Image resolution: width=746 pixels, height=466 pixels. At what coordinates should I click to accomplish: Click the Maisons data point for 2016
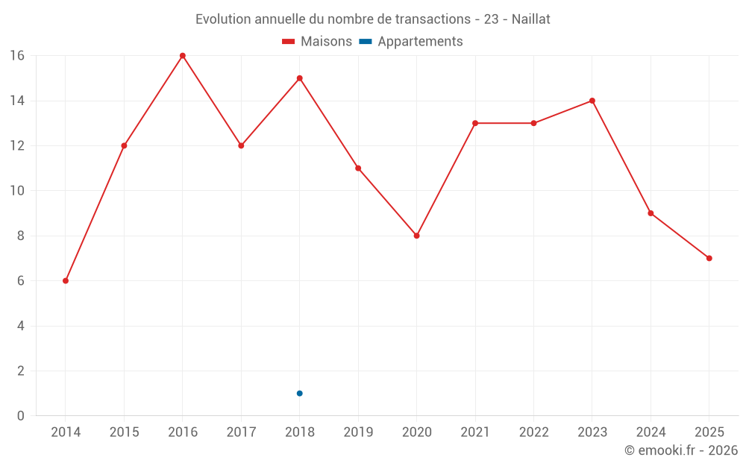183,56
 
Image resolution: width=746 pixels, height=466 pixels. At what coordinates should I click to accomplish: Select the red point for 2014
66,281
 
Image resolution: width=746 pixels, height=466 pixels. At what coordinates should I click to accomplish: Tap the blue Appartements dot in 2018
300,393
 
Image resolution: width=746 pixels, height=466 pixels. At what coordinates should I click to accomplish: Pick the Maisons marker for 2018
300,78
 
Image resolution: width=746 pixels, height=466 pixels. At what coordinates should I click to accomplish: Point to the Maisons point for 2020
417,236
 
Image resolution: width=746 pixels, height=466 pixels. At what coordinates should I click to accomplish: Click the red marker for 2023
592,101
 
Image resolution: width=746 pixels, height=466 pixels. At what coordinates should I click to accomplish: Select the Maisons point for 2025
709,258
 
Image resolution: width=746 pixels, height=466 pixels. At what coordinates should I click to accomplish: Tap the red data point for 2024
651,213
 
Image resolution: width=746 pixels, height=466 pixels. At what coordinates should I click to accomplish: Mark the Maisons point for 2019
358,169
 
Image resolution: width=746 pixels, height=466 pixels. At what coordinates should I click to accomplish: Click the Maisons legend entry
317,42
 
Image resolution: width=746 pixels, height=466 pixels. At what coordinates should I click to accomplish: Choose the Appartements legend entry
411,42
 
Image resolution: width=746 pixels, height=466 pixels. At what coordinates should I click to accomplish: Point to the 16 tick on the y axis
17,56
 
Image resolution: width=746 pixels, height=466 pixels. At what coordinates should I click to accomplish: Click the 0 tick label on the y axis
21,416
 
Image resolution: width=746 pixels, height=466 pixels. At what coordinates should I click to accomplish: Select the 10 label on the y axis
17,191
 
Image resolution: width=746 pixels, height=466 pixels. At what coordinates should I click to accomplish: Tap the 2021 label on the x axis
475,432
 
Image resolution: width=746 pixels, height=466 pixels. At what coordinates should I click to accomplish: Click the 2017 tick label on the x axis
241,432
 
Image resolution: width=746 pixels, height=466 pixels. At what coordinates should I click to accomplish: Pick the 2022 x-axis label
533,432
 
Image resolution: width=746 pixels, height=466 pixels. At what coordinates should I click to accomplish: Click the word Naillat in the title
530,19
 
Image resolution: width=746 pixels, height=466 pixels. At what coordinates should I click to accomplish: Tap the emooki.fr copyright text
681,450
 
